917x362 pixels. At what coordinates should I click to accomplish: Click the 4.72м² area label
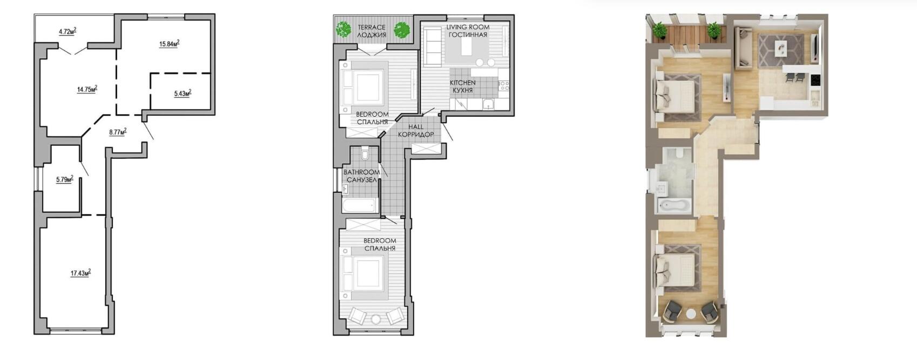click(68, 31)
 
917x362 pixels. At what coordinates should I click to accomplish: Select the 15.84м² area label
click(170, 43)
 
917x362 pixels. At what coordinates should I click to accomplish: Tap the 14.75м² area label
click(87, 89)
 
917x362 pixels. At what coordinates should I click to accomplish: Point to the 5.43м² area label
click(183, 93)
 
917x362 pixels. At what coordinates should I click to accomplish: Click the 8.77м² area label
click(118, 132)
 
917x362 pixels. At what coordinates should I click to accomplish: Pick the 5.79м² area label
click(65, 179)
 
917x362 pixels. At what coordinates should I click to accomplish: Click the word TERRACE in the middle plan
click(372, 28)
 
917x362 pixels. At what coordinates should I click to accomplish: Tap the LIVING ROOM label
click(468, 27)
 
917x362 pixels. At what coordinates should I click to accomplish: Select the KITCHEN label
click(463, 83)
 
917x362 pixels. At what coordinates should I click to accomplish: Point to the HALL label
click(416, 127)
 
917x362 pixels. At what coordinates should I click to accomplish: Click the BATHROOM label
click(361, 172)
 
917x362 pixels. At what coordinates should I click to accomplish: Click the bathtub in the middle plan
click(360, 205)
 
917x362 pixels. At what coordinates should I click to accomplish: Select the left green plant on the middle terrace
click(343, 30)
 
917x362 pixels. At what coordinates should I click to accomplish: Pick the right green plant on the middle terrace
click(402, 30)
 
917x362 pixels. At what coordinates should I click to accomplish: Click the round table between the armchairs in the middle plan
click(376, 319)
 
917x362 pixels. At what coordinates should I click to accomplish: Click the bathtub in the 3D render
click(674, 205)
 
